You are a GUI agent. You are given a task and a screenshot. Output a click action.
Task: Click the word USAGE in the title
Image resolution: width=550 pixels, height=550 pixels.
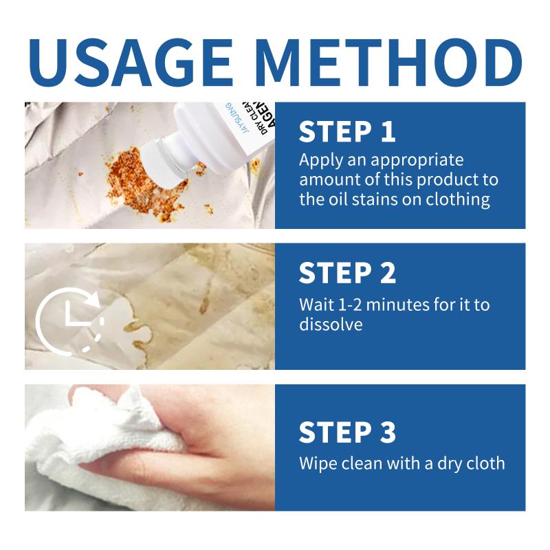click(x=131, y=63)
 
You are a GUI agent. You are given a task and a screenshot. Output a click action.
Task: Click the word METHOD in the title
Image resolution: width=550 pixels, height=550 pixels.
click(x=388, y=63)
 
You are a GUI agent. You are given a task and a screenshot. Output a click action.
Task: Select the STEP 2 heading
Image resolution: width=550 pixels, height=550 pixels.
click(x=347, y=273)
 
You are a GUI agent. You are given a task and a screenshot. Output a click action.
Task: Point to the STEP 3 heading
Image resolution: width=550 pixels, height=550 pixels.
click(x=347, y=432)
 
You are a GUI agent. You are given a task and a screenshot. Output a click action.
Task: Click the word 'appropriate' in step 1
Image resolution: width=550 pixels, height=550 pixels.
click(x=417, y=161)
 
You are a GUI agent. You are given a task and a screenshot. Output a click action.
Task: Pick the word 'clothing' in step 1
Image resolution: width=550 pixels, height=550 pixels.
click(x=458, y=200)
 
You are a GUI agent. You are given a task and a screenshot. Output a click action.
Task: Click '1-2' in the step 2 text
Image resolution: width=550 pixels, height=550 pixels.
click(x=349, y=305)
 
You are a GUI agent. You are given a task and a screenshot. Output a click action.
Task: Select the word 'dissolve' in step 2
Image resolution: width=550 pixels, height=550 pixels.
click(x=331, y=324)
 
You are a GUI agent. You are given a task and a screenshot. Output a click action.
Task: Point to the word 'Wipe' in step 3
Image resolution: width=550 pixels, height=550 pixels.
click(x=318, y=463)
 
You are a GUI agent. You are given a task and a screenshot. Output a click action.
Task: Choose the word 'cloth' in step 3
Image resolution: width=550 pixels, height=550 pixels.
click(x=485, y=463)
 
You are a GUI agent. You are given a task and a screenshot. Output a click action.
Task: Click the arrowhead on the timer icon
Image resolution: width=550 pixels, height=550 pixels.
click(x=93, y=298)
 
